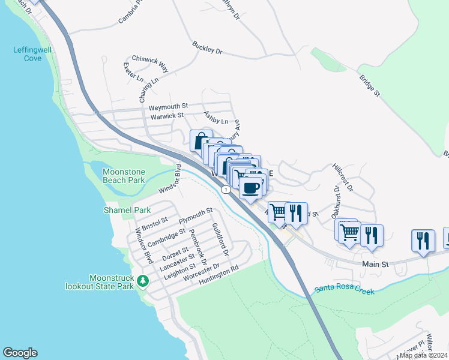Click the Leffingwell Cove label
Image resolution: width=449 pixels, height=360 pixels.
tap(28, 54)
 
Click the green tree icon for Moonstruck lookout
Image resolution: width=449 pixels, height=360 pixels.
tap(142, 280)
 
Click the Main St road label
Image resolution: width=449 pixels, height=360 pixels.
tap(376, 264)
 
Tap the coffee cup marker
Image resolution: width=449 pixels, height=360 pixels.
tap(250, 188)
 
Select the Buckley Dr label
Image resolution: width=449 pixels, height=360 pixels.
tap(208, 48)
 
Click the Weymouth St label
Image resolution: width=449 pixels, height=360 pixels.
tap(169, 107)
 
